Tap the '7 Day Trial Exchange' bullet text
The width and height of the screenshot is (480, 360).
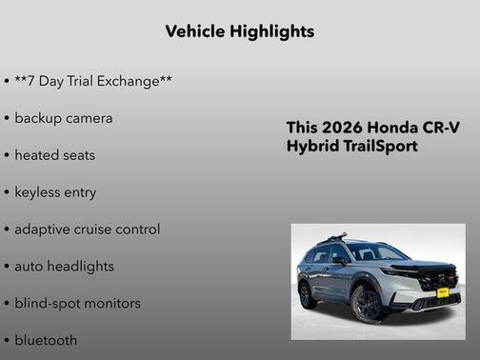93,81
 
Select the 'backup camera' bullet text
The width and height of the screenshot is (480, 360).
64,118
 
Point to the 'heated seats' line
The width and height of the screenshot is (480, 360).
55,154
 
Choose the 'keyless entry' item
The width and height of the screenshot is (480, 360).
55,191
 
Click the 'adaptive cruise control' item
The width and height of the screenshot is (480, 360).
87,229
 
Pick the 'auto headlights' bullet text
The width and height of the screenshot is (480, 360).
64,266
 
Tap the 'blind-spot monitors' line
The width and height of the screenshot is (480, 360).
77,303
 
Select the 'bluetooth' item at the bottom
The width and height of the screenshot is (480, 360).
46,339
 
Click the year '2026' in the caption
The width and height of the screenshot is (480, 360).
341,128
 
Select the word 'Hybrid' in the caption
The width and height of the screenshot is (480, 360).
312,147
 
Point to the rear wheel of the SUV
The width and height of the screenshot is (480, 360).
307,294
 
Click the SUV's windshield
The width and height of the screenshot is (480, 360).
375,252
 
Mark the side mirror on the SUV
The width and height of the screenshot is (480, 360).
340,260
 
